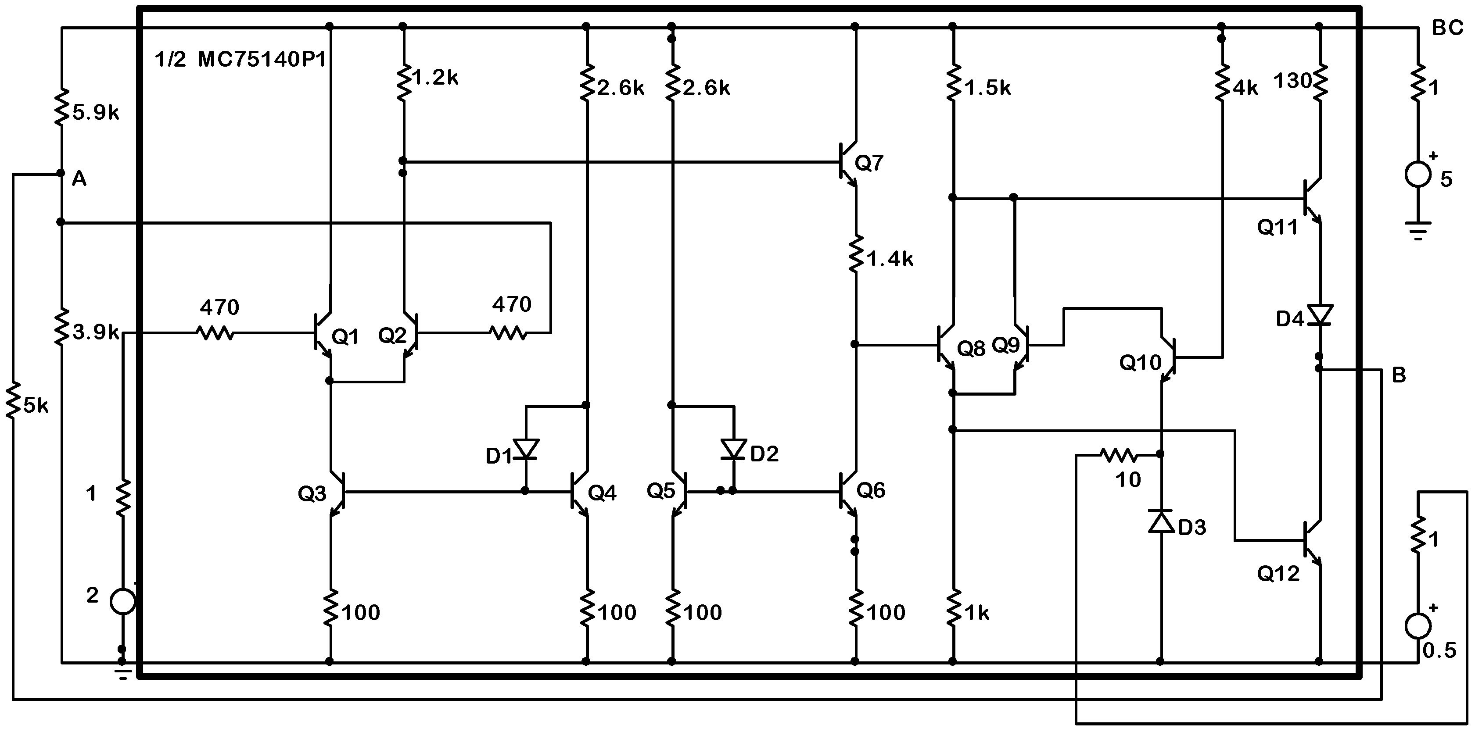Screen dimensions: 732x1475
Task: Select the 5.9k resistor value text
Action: coord(96,113)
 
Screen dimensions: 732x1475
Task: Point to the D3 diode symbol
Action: coord(1161,521)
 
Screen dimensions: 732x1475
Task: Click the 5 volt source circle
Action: coord(1418,174)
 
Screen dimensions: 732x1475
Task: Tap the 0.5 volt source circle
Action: coord(1418,625)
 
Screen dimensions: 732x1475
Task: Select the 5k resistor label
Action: coord(36,406)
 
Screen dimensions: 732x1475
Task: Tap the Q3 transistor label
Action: coord(312,493)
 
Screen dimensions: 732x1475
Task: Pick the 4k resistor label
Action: coord(1245,88)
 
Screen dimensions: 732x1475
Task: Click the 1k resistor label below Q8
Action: coord(976,613)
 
